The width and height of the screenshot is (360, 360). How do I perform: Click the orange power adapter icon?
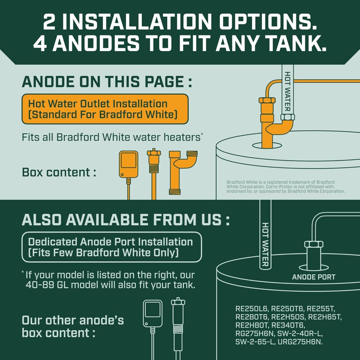pyautogui.click(x=129, y=165)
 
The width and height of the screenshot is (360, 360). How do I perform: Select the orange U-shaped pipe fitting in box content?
pyautogui.click(x=183, y=172)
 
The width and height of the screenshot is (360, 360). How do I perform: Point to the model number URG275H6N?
pyautogui.click(x=300, y=342)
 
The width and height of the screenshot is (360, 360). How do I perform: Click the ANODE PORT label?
pyautogui.click(x=314, y=277)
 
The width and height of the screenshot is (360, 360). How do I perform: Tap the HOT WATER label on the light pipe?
pyautogui.click(x=288, y=91)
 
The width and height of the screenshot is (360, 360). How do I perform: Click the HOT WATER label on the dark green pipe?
pyautogui.click(x=265, y=244)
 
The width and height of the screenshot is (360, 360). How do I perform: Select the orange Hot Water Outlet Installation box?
pyautogui.click(x=105, y=109)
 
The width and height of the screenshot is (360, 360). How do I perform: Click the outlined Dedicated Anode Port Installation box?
pyautogui.click(x=112, y=247)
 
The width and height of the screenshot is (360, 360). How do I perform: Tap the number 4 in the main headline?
pyautogui.click(x=41, y=44)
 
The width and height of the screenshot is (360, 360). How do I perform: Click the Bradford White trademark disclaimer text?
pyautogui.click(x=285, y=186)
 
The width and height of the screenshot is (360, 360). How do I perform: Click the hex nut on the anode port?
pyautogui.click(x=314, y=244)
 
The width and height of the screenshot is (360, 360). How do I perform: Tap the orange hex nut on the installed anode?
pyautogui.click(x=267, y=100)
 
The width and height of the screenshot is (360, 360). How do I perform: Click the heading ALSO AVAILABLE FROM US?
pyautogui.click(x=126, y=220)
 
